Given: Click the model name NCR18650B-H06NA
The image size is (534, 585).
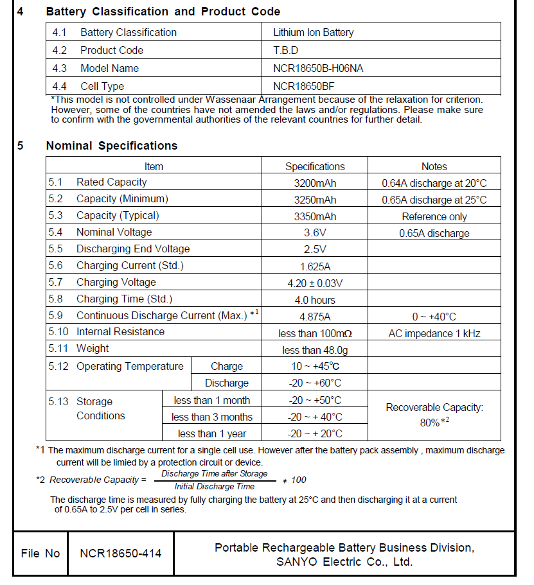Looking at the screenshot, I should coord(318,68).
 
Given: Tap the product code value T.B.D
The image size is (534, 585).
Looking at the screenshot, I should coord(286,50).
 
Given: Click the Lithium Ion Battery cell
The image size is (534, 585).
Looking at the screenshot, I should coord(313,32).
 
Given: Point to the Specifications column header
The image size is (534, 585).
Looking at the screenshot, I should coord(315,166).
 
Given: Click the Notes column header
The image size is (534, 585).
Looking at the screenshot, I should coord(434,166).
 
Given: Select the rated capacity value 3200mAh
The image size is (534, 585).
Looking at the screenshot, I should coord(315,183).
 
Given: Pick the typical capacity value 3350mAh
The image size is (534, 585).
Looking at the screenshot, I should coord(315,216).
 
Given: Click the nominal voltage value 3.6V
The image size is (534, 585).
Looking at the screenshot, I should coord(315,233).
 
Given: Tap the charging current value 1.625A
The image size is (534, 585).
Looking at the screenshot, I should coord(315,266).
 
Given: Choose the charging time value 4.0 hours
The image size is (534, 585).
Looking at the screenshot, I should coord(315,300).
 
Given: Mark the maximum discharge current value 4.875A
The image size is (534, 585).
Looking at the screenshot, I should coord(315,317).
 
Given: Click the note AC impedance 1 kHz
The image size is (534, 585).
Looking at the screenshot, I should coord(434,333).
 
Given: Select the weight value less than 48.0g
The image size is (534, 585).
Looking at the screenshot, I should coord(315,350).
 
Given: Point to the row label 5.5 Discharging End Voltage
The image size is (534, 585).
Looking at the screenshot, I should coord(119,249).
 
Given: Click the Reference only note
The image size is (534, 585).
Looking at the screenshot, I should coord(434,216).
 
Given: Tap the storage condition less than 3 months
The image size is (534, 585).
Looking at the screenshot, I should coord(212,417).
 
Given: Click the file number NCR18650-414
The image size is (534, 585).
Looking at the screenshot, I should coord(121,554).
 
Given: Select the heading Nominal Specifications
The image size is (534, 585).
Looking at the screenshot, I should coord(111,146).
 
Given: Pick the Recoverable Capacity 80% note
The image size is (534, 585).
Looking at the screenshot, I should coord(434,415).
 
